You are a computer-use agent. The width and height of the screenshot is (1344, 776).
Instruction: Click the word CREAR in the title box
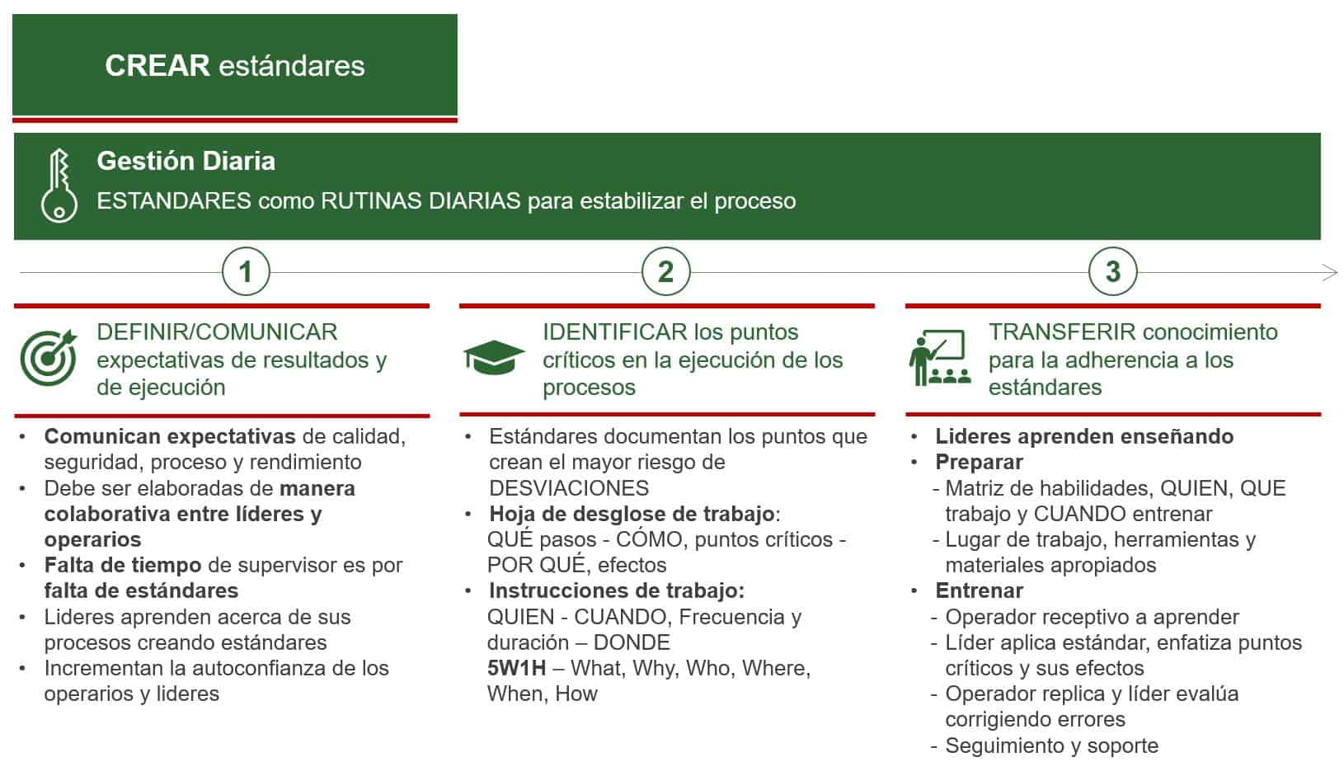coord(157,65)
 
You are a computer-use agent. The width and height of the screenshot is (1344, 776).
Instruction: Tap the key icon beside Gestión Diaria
coord(59,186)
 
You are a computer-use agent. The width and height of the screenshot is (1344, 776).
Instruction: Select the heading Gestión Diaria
coord(186,161)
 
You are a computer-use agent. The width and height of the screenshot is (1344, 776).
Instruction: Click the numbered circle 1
coord(246,272)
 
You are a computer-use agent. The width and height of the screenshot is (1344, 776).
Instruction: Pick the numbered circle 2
coord(666,272)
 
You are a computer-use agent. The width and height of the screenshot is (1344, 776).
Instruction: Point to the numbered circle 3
coord(1113,272)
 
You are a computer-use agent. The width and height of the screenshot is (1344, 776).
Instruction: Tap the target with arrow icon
coord(49,357)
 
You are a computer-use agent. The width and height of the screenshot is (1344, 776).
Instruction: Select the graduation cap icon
coord(494,358)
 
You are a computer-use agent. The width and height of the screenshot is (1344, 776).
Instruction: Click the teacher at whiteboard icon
coord(940,357)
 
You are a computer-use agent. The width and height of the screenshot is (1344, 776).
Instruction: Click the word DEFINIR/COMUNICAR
coord(217,332)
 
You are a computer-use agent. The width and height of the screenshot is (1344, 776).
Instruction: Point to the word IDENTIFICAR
coord(615,332)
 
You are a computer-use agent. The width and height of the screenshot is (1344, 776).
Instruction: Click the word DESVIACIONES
coord(569,488)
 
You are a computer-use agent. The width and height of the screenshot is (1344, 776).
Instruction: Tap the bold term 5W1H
coord(517,668)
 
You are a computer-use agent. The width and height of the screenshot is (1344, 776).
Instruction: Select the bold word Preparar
coord(979,462)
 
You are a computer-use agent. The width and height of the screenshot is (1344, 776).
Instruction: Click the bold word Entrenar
coord(980,590)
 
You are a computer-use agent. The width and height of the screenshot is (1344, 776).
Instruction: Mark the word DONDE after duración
coord(632,642)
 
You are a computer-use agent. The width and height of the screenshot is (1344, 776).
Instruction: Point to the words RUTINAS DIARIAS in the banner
coord(421,201)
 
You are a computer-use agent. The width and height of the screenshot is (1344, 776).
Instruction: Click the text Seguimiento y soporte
coord(1052,745)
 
